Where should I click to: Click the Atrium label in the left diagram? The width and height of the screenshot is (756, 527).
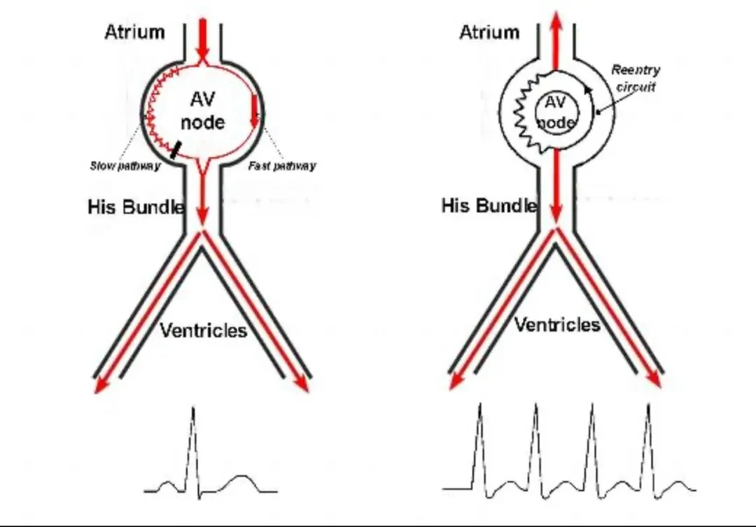pos(134,32)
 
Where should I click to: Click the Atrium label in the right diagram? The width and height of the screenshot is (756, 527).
pos(489,32)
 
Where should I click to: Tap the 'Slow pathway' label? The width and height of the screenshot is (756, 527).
pos(125,166)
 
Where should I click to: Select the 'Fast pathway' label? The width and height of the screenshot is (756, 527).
pos(282,166)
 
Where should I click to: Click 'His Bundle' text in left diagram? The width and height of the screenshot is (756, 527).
pos(136,206)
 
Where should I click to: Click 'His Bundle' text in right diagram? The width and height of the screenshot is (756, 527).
pos(489,206)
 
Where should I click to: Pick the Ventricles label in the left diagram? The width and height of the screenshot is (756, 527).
pos(204,330)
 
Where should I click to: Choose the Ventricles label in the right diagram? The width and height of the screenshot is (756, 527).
pos(557,325)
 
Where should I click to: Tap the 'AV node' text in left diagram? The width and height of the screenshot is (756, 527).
pos(203,111)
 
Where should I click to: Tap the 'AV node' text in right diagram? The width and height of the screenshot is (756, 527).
pos(555,113)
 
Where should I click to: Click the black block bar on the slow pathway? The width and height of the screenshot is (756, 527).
pos(176,148)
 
